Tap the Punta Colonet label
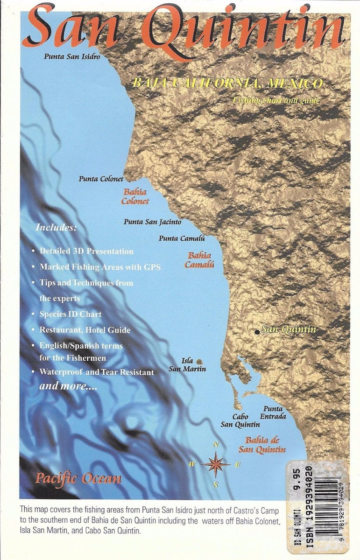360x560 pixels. (101, 178)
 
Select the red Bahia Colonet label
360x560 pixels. (135, 196)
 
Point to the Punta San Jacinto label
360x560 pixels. (152, 222)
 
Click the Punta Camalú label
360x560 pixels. (182, 238)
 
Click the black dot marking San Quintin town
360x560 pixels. (257, 332)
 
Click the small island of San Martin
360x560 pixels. (199, 361)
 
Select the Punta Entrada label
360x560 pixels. (273, 413)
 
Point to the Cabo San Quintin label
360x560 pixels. (240, 420)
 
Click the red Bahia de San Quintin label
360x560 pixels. (262, 445)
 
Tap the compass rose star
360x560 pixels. (216, 464)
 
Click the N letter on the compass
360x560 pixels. (216, 444)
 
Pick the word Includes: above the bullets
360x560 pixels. (56, 229)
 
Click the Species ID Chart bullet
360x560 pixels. (71, 314)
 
